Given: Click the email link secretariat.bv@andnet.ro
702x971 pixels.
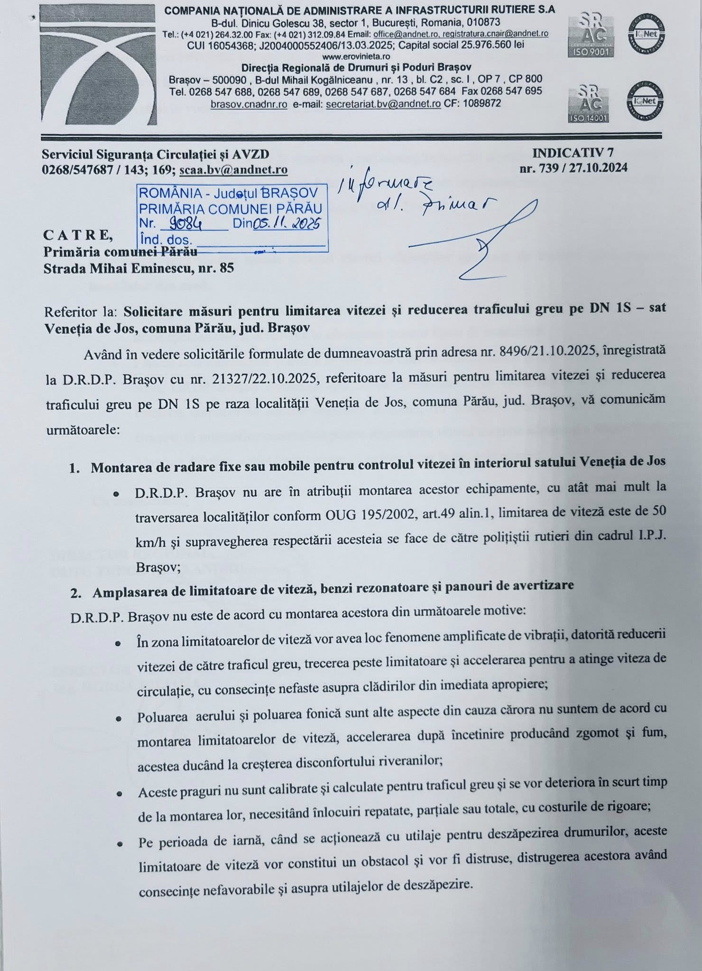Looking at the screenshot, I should click(383, 103).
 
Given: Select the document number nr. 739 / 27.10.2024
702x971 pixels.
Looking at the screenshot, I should click(573, 168).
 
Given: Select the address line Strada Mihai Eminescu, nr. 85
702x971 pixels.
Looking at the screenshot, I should click(139, 269).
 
